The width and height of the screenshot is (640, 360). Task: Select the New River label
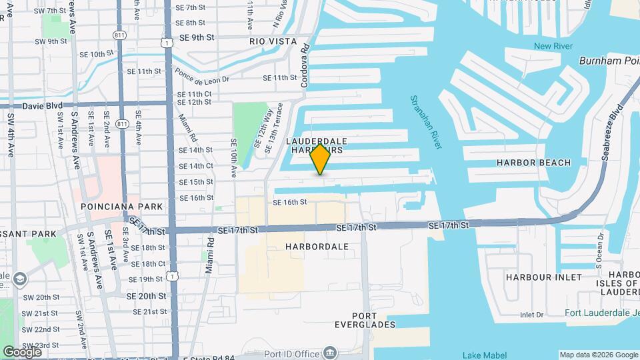coord(553,46)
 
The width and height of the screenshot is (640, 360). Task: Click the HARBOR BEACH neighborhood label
coord(533,163)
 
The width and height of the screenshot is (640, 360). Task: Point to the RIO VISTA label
coord(273,41)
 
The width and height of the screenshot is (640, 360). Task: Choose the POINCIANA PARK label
coord(121,207)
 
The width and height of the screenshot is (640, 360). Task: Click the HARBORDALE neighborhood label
coord(317,247)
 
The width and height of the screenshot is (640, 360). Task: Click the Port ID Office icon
coord(330,353)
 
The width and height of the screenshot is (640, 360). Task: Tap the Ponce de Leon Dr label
coord(202,79)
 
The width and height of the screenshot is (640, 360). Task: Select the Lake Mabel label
coord(485,355)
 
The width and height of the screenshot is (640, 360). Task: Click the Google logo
coord(22,352)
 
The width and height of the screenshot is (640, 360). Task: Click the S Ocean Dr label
coord(599,256)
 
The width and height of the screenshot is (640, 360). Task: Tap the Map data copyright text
coord(598,355)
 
